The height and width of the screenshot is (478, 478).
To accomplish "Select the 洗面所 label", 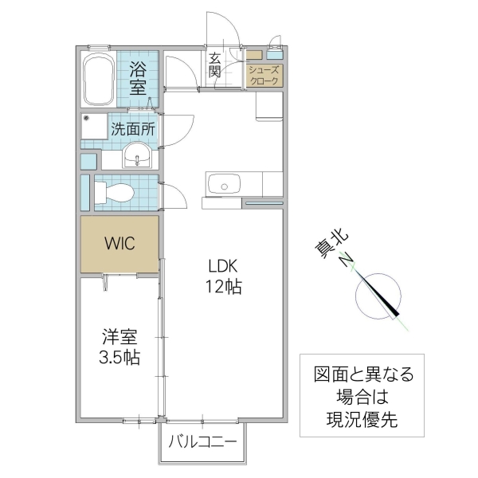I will coord(133,127).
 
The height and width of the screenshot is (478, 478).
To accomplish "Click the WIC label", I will coord(119,244).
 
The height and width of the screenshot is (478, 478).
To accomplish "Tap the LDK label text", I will coord(225,267).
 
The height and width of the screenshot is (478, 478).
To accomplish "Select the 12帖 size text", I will coord(225,288).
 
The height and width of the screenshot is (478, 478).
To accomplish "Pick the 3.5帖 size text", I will coord(119,358).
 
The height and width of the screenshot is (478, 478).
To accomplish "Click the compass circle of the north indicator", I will coord(379,296).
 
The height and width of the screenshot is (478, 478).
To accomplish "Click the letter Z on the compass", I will coord(346,261).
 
